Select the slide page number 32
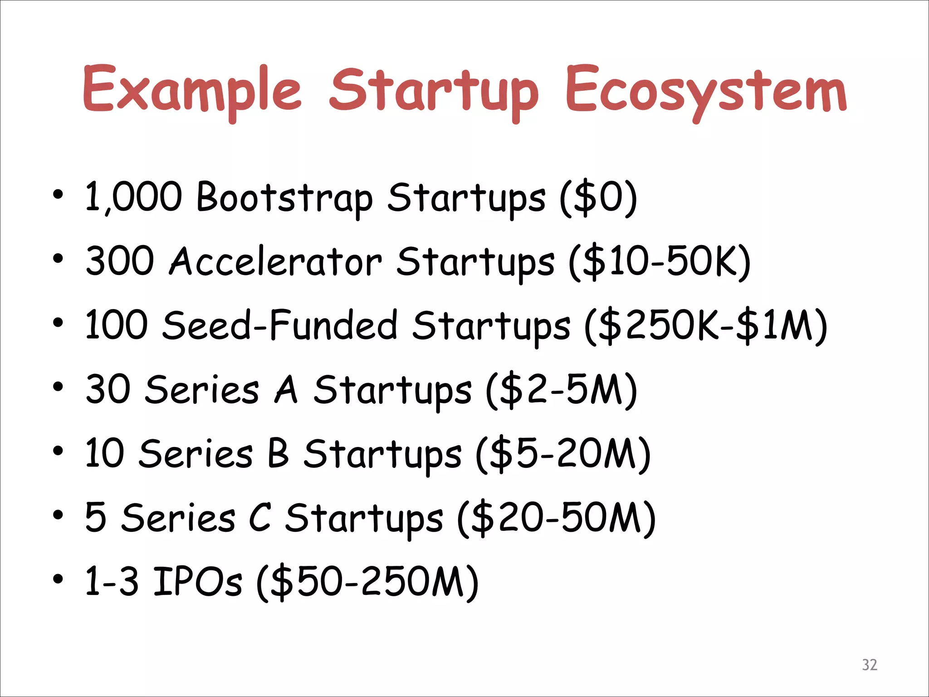(870, 665)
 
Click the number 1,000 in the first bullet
(134, 197)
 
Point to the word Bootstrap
(285, 198)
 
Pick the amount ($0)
(598, 198)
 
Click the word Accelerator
(275, 262)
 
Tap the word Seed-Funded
(280, 325)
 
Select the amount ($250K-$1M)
(706, 325)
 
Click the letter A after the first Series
(286, 390)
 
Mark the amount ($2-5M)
(562, 390)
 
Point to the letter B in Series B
(278, 453)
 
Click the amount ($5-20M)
(563, 453)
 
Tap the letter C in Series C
(260, 518)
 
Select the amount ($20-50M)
(556, 518)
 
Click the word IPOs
(197, 581)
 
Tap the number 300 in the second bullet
(120, 261)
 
